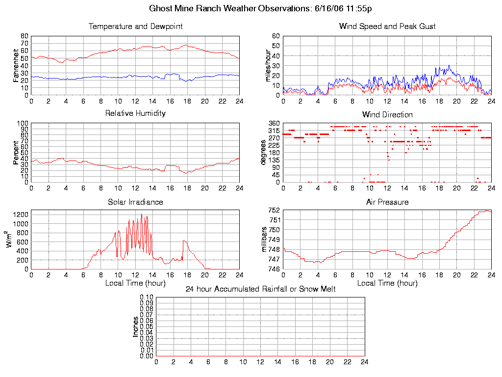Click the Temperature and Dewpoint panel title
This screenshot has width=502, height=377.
(x=135, y=27)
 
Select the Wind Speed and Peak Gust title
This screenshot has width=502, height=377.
(x=387, y=27)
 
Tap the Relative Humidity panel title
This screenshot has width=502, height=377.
(x=135, y=113)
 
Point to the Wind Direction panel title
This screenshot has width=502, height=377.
(x=387, y=115)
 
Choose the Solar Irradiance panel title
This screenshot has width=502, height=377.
(x=135, y=202)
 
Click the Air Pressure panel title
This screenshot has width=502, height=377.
(x=387, y=202)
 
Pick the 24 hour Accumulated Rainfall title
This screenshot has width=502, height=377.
(x=260, y=289)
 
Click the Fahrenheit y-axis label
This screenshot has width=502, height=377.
(x=16, y=65)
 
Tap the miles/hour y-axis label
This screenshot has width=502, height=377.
(x=268, y=65)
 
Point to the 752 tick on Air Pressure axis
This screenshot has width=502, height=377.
(x=274, y=210)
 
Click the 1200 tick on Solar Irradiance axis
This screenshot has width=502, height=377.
(x=20, y=215)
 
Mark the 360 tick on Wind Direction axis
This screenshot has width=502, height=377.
(x=274, y=123)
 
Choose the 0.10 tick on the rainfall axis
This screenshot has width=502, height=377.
(x=147, y=297)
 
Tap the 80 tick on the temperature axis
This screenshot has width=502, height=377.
(x=24, y=36)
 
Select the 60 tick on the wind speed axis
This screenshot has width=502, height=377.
(x=276, y=36)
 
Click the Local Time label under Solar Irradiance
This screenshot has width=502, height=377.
(x=135, y=283)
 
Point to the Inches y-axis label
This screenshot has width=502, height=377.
(x=136, y=326)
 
